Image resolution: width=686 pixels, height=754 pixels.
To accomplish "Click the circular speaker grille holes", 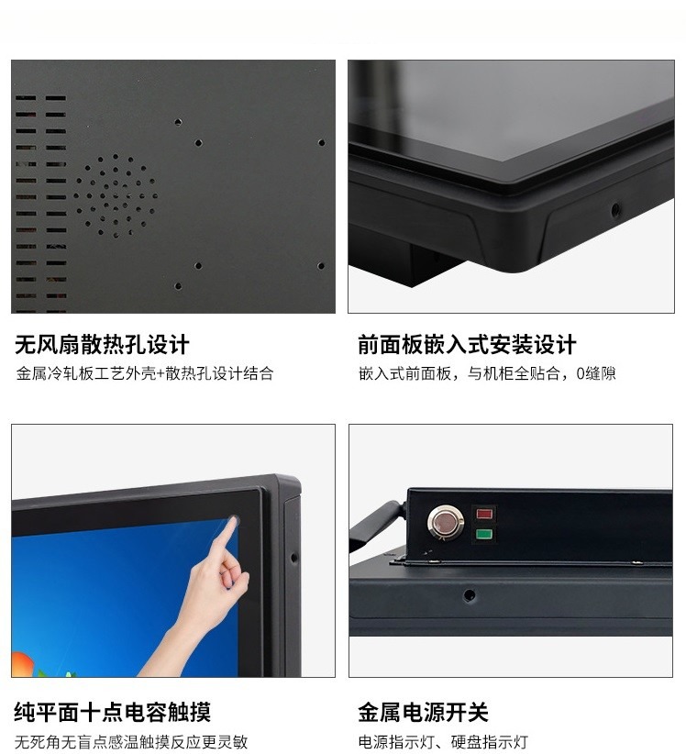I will point(116,194).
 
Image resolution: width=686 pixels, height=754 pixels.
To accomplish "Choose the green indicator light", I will point(483,535).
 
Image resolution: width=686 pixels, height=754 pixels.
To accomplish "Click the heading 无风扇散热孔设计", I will point(102,345).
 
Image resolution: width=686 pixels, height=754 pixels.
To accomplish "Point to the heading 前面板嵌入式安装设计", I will point(467,345).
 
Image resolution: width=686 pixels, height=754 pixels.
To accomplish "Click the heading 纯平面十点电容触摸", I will point(112,712).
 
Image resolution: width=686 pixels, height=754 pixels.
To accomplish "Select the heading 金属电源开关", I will point(423,712).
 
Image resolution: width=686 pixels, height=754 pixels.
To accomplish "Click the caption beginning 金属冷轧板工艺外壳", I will point(144,374).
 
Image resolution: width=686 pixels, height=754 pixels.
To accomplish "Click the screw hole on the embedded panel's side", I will point(615,210).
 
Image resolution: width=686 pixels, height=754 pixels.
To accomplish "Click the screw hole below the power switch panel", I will point(470,596).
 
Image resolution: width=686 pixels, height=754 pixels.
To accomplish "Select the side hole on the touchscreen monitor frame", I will point(293,557).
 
